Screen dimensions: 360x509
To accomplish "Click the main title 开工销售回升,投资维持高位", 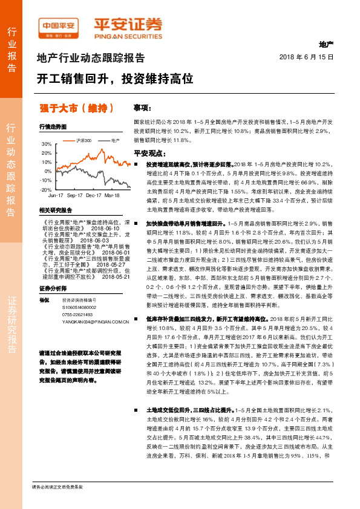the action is (x=115, y=79).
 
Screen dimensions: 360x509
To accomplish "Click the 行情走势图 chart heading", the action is (x=53, y=127).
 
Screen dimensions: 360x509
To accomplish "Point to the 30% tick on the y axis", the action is (x=47, y=144).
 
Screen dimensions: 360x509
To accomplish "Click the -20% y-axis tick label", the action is (x=46, y=189).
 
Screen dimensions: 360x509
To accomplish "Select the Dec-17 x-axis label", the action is (x=93, y=196).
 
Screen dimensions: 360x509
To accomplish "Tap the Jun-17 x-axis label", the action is (x=56, y=196).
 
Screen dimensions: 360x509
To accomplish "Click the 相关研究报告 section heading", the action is (x=55, y=210).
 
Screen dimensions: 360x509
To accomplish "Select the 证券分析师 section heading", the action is (x=53, y=271).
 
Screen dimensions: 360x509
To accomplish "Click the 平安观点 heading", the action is (x=149, y=153).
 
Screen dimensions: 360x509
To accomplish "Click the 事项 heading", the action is (x=142, y=108).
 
